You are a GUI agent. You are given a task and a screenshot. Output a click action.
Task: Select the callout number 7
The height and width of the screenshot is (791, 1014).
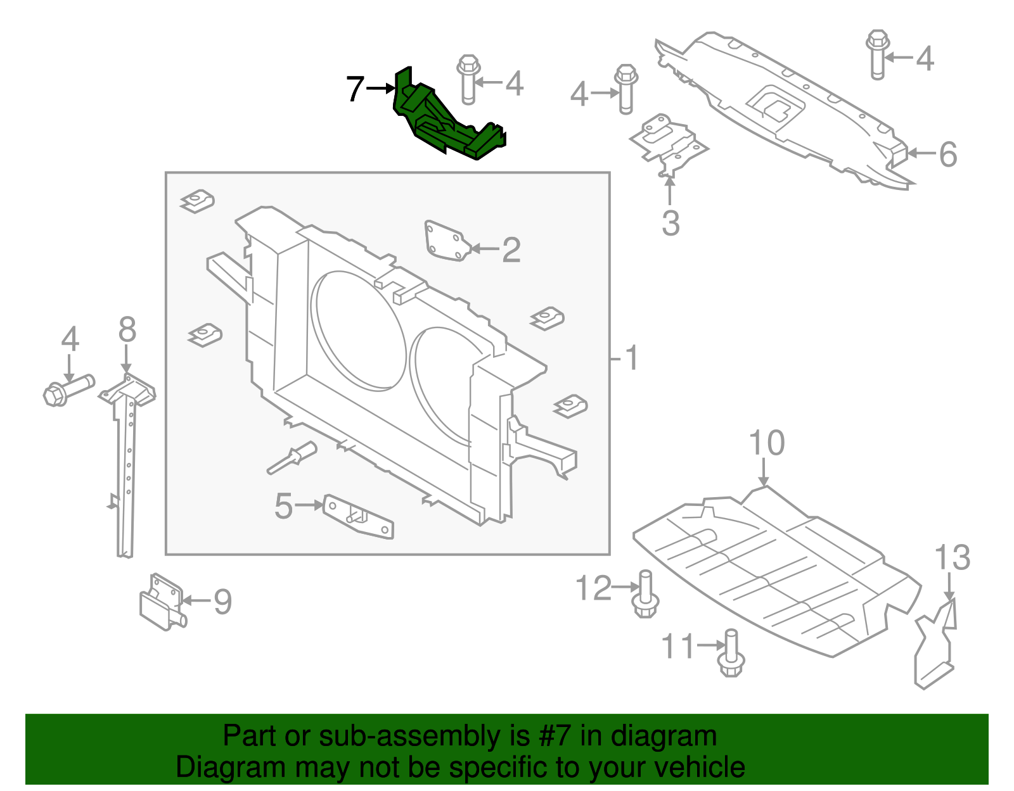356,89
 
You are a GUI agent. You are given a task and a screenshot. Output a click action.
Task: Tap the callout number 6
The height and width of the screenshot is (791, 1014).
947,154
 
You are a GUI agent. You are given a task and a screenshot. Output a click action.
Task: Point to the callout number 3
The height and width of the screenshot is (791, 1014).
671,223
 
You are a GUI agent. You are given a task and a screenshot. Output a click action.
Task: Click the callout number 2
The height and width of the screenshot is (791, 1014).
511,250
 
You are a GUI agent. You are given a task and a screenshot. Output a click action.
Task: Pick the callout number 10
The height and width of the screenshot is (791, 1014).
766,443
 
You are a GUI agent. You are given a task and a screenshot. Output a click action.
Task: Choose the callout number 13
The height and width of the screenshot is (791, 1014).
952,558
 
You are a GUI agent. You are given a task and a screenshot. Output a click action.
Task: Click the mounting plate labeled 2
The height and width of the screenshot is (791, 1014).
446,241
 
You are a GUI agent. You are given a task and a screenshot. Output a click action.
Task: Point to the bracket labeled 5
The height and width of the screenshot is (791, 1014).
359,516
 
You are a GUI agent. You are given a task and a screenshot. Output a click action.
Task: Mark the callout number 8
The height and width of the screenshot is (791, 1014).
127,330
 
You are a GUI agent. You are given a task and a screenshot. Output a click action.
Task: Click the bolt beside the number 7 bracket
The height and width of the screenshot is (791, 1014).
468,80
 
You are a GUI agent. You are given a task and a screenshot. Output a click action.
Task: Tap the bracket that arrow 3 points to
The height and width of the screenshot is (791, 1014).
667,143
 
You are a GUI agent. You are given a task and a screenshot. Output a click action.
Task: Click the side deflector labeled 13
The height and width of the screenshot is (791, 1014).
935,646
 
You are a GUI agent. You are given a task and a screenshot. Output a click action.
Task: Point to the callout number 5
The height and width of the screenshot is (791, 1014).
283,506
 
